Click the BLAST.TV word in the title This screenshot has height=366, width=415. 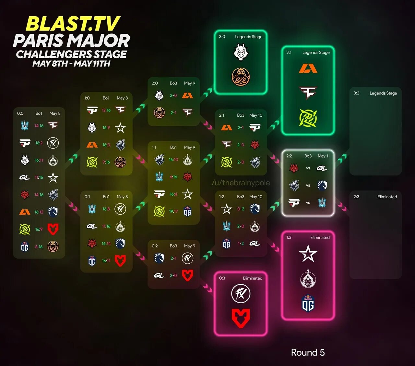click(73, 24)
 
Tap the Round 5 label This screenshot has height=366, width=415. click(308, 352)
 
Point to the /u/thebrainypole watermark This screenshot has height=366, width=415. click(241, 183)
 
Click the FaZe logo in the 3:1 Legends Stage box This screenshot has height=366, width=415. click(308, 92)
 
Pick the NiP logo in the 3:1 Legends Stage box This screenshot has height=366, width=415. click(308, 118)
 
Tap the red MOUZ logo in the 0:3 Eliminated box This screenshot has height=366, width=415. click(241, 318)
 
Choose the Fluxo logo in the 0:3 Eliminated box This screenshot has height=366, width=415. click(241, 294)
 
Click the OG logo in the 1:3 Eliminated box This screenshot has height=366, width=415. click(308, 304)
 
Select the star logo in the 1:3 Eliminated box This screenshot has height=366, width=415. click(308, 254)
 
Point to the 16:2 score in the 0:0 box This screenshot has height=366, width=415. click(39, 143)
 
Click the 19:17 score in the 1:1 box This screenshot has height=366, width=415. click(173, 211)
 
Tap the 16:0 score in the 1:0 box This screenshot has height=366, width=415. click(106, 145)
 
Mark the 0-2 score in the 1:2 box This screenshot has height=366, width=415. click(241, 209)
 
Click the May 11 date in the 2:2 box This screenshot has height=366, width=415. click(324, 156)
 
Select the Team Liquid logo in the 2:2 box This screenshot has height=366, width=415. click(322, 186)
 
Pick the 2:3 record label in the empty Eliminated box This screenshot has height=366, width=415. click(356, 197)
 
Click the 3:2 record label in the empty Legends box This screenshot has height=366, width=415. click(356, 93)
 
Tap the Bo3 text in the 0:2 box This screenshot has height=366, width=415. click(173, 246)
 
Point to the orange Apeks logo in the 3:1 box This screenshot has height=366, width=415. click(308, 69)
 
